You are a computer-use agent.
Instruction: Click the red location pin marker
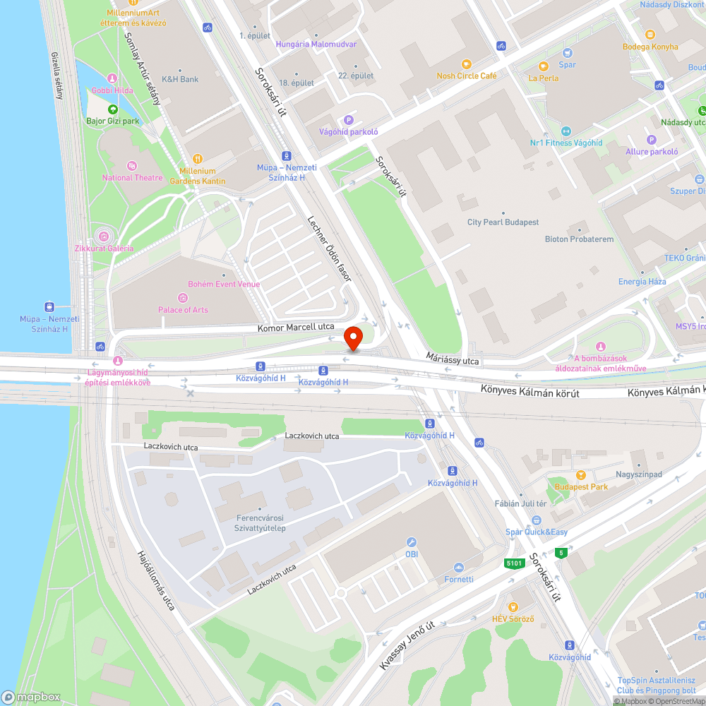pyautogui.click(x=353, y=337)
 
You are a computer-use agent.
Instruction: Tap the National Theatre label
pyautogui.click(x=132, y=178)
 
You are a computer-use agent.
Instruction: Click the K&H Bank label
pyautogui.click(x=180, y=79)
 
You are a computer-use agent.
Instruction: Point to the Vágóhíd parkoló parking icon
pyautogui.click(x=347, y=120)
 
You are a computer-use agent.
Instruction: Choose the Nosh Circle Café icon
pyautogui.click(x=466, y=64)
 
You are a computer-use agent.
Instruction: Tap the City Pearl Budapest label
pyautogui.click(x=503, y=222)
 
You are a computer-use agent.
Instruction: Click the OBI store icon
pyautogui.click(x=412, y=542)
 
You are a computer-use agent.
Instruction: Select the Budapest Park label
pyautogui.click(x=581, y=487)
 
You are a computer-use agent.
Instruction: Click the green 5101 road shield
pyautogui.click(x=514, y=563)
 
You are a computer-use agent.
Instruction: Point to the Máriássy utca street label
pyautogui.click(x=453, y=360)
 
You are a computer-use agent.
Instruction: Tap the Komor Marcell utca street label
pyautogui.click(x=296, y=327)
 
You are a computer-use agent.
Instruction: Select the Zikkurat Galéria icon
pyautogui.click(x=104, y=236)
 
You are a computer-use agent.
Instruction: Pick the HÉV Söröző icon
pyautogui.click(x=513, y=607)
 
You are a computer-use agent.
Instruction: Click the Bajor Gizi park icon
pyautogui.click(x=113, y=109)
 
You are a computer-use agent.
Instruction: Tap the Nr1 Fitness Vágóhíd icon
pyautogui.click(x=566, y=131)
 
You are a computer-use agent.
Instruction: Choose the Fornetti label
pyautogui.click(x=459, y=580)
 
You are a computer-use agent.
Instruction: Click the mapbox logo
pyautogui.click(x=32, y=697)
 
